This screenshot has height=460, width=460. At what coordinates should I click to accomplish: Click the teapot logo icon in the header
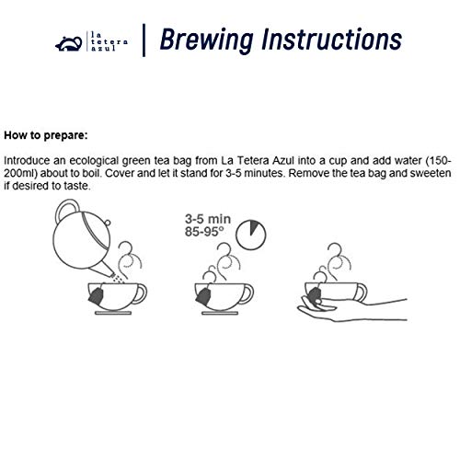[x=69, y=43]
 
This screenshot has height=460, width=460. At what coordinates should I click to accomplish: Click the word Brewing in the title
[x=207, y=40]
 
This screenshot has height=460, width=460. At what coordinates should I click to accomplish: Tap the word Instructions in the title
[x=331, y=39]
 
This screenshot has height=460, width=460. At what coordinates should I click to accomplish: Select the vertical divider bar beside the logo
[x=144, y=40]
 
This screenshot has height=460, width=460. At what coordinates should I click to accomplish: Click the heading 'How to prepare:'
[x=46, y=135]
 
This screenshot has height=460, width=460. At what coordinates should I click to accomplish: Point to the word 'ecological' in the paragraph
[x=94, y=161]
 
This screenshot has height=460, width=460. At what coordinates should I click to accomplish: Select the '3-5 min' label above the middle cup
[x=208, y=219]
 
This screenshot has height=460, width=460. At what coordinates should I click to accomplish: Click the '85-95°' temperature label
[x=204, y=232]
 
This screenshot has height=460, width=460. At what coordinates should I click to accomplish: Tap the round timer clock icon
[x=251, y=235]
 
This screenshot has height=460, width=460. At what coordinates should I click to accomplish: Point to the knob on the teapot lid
[x=107, y=222]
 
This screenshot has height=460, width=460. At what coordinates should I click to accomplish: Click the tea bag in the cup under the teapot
[x=96, y=296]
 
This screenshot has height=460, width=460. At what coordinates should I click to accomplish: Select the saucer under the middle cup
[x=220, y=313]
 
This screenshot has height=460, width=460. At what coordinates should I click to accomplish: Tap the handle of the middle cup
[x=248, y=293]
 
